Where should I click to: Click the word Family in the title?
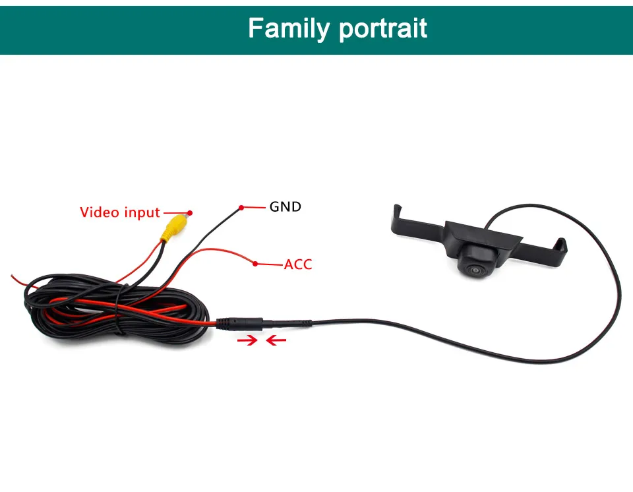(289, 28)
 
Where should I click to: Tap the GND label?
(285, 206)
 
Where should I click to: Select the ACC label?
(297, 265)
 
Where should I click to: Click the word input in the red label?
(142, 213)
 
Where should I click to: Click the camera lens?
(475, 270)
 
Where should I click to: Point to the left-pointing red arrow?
(276, 341)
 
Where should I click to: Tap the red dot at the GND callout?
(242, 208)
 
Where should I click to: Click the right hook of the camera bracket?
(561, 245)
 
